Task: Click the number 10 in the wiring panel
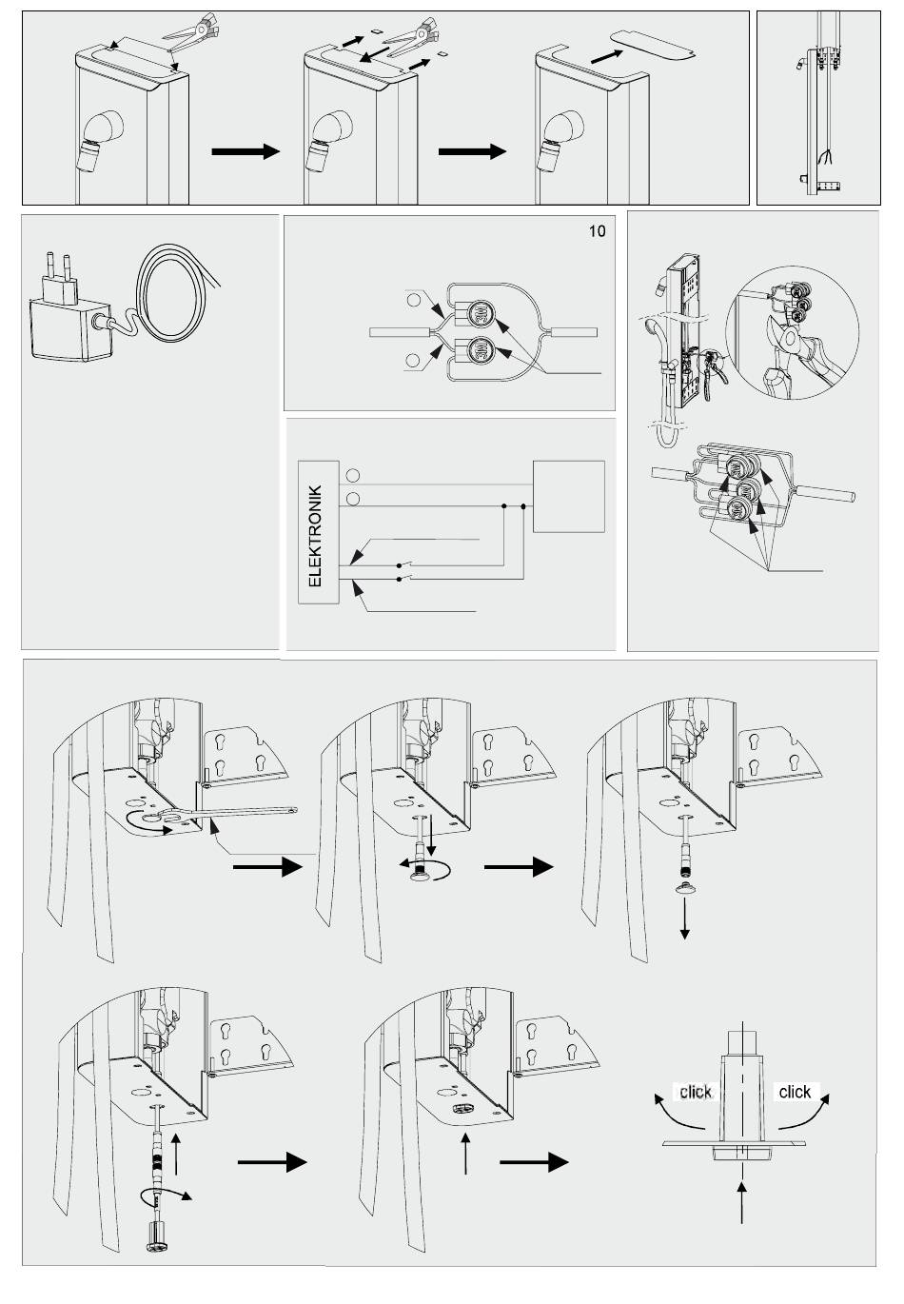click(x=597, y=231)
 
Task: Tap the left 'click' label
click(x=695, y=1092)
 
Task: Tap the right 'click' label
click(x=795, y=1092)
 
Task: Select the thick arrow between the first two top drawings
click(x=245, y=151)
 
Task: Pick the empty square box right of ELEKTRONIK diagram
click(x=569, y=495)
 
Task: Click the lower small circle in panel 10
click(x=415, y=360)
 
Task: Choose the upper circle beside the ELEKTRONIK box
click(x=353, y=475)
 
